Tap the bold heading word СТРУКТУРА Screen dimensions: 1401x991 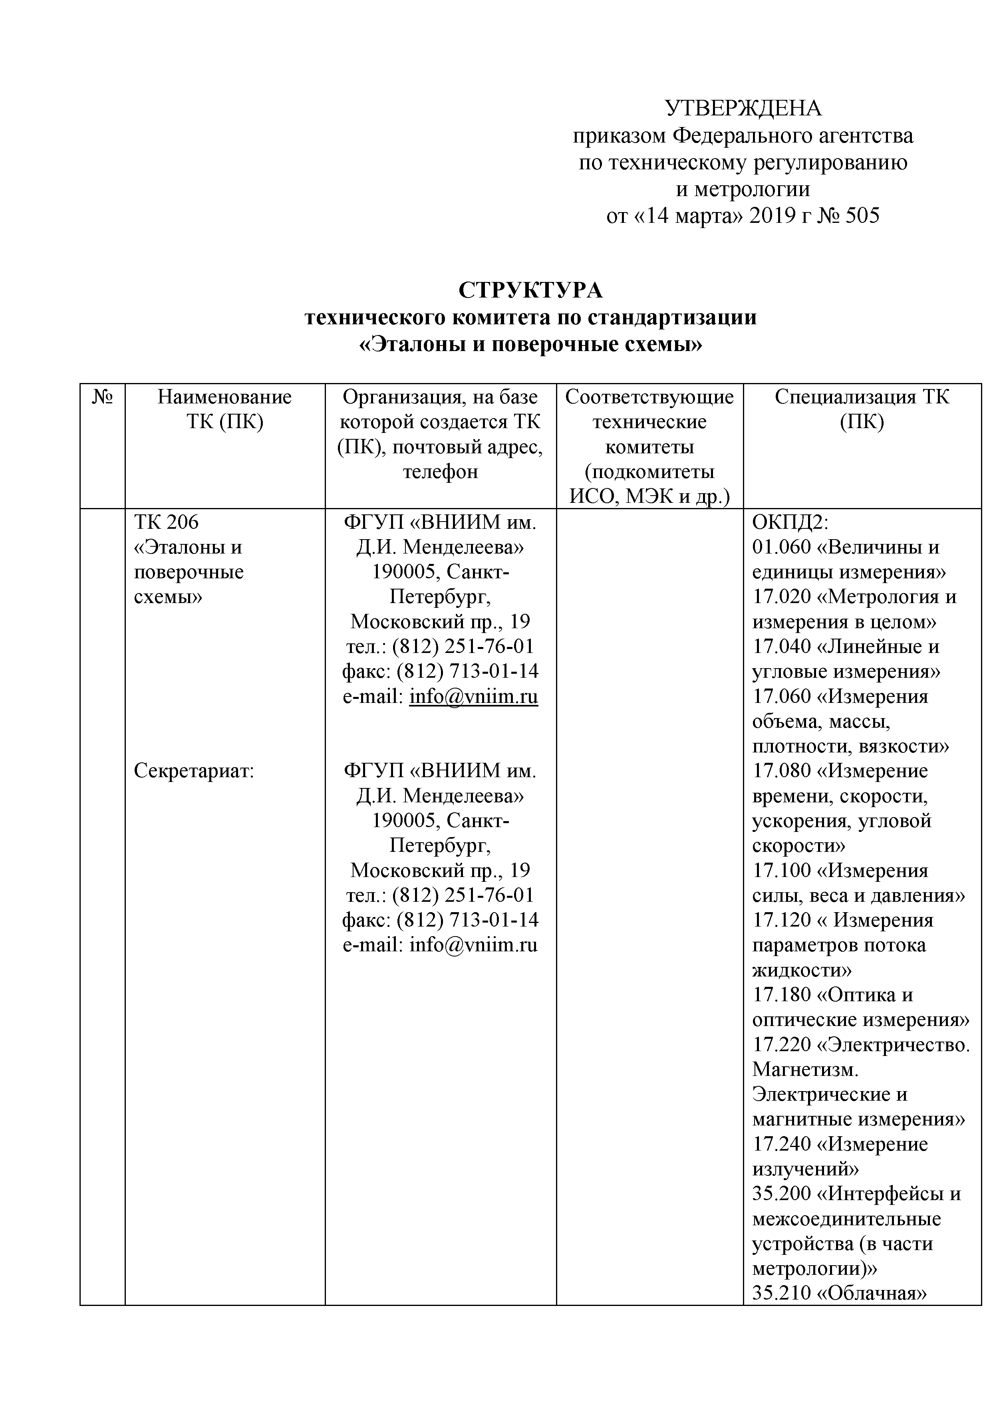530,290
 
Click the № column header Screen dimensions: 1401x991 103,397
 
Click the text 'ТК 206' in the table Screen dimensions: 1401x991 166,522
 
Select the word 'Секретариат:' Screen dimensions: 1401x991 193,771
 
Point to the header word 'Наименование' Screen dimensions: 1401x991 224,397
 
